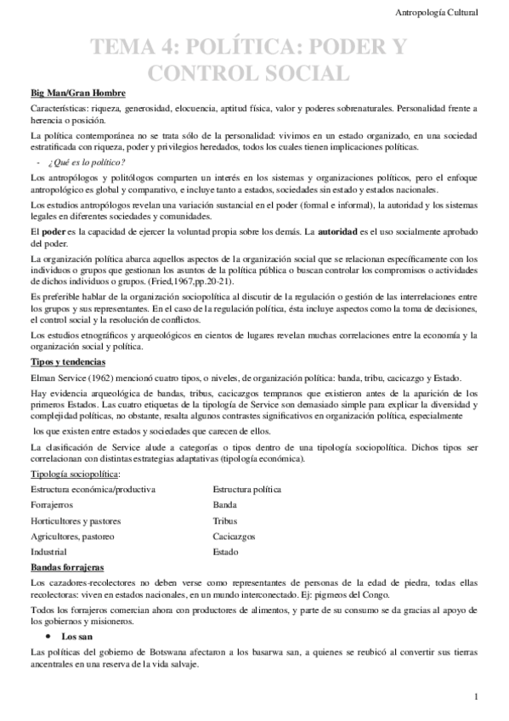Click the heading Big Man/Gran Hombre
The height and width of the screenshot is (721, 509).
(x=78, y=92)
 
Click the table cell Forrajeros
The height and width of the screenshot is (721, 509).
(x=54, y=504)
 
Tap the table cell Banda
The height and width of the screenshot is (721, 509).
(x=225, y=504)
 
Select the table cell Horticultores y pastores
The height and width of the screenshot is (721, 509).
(x=76, y=519)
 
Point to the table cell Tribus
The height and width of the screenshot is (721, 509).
(x=225, y=519)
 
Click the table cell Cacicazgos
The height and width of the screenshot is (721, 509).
(x=234, y=536)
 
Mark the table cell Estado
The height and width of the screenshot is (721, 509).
(x=226, y=551)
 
